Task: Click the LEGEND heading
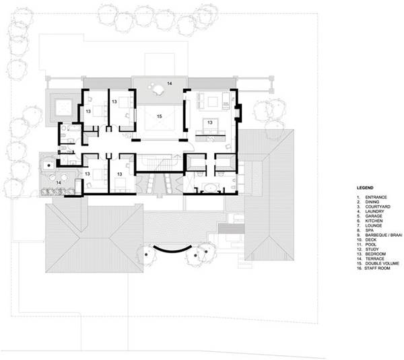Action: click(x=365, y=188)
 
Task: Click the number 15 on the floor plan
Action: click(x=159, y=116)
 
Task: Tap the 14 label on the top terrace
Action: click(x=169, y=83)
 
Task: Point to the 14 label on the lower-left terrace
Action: click(x=59, y=182)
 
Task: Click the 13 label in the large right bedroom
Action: click(x=210, y=122)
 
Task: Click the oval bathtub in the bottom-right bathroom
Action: click(x=211, y=187)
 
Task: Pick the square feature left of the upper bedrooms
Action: click(x=63, y=108)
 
